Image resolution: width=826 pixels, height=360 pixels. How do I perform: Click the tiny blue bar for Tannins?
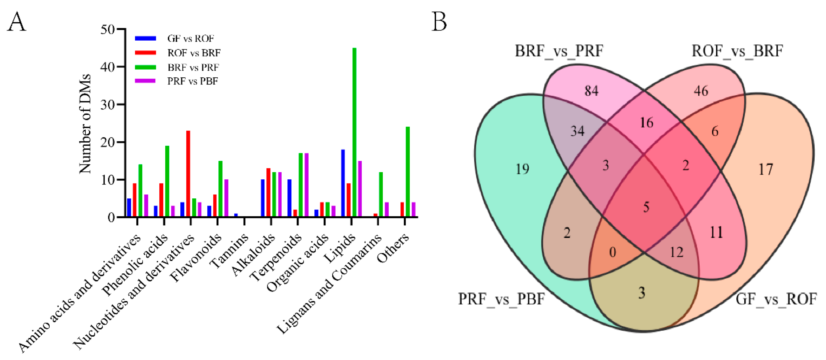(236, 215)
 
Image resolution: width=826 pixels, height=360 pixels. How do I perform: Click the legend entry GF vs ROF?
(190, 39)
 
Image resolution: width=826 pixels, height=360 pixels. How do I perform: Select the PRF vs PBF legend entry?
(192, 81)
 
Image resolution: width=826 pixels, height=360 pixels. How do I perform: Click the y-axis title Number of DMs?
(85, 123)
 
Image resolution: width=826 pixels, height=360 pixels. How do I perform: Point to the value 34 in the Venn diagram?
(577, 131)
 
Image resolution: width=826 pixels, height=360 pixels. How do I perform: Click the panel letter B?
(439, 22)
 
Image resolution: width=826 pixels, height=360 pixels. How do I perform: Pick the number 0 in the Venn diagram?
(612, 252)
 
